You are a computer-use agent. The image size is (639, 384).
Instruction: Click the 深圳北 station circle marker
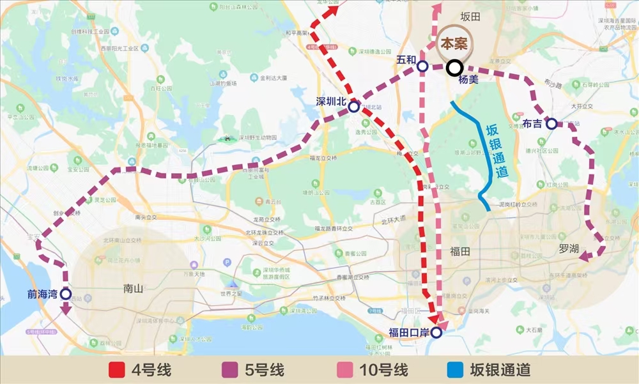353,107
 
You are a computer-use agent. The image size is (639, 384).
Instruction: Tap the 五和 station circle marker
422,66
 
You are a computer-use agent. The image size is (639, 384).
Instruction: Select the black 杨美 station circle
454,66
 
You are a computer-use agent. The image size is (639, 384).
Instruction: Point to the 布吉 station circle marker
551,123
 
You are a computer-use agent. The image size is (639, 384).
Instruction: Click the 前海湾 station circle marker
66,295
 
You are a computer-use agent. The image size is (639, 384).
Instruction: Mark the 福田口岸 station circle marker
436,332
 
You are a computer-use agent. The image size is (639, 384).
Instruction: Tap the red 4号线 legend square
118,370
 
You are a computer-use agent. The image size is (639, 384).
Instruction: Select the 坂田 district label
470,17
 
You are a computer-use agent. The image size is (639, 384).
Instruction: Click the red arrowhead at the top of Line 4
332,9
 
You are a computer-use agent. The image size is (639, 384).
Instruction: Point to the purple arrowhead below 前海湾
66,311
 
